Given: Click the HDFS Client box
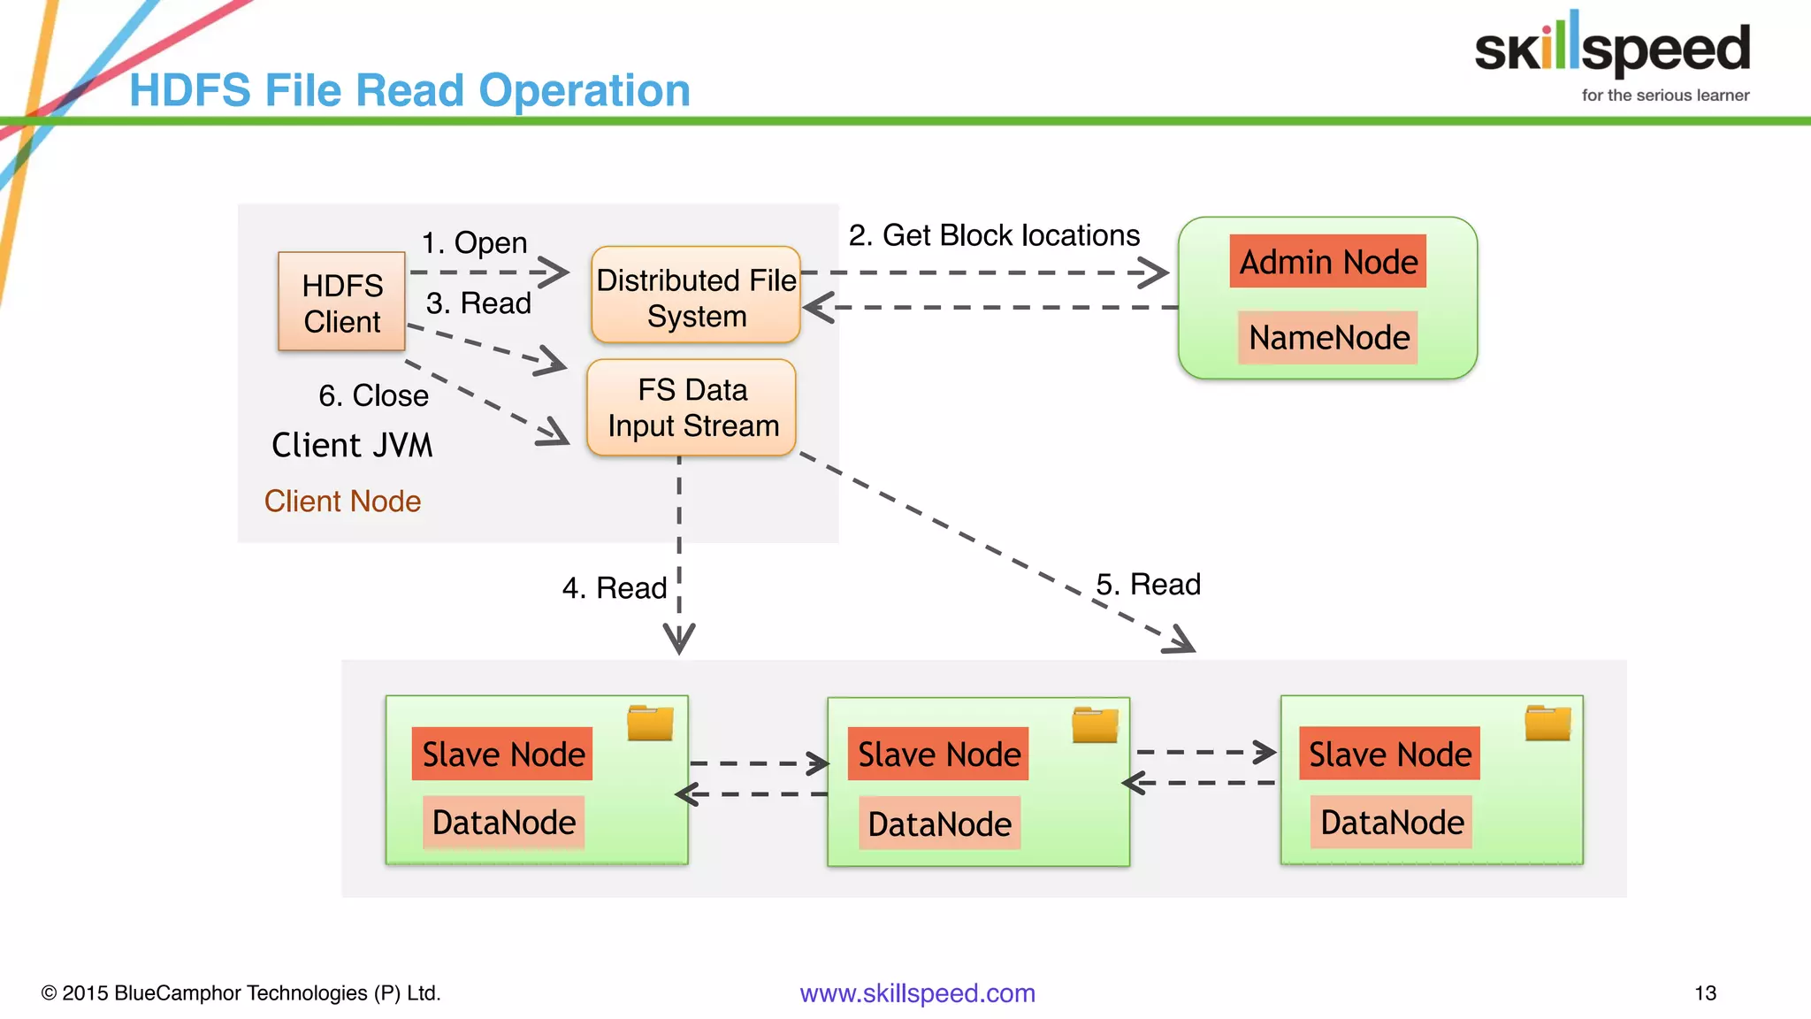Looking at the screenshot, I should (x=341, y=302).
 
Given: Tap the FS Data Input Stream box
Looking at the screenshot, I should (x=692, y=408).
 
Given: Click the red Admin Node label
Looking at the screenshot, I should (x=1327, y=262).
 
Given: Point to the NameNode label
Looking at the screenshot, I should (x=1328, y=337).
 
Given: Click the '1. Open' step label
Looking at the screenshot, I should (x=474, y=242).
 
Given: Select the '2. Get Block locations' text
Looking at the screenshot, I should (x=994, y=235).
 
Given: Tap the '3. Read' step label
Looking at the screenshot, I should (x=478, y=303).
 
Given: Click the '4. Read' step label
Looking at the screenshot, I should (x=615, y=588).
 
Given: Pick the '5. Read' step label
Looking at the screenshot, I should (x=1148, y=585).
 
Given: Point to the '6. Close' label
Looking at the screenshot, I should (x=373, y=395).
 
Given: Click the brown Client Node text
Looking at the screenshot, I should (x=342, y=502).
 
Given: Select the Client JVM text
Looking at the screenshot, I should (x=352, y=445).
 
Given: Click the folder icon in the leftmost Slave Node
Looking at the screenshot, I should (x=650, y=723).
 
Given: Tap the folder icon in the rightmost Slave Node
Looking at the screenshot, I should (x=1547, y=723).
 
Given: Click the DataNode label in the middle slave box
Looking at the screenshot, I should (x=939, y=824).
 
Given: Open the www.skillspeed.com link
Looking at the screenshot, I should (x=917, y=993).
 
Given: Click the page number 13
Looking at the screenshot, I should (x=1705, y=993).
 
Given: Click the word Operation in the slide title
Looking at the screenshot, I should (x=585, y=90).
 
